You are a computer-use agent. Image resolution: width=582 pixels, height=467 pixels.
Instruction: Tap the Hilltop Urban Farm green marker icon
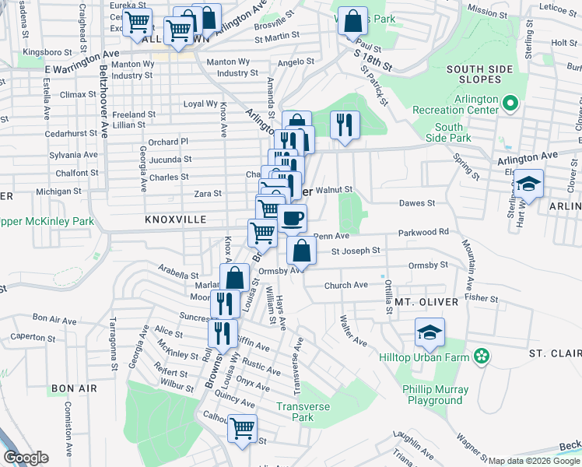[x=482, y=356]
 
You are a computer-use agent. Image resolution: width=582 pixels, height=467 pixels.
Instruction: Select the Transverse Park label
[x=303, y=412]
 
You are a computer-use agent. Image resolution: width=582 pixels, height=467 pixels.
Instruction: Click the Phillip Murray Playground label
[x=436, y=395]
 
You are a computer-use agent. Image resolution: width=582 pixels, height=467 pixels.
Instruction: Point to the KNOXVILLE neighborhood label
[x=176, y=220]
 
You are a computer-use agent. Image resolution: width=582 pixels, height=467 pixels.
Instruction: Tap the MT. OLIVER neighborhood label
[x=424, y=302]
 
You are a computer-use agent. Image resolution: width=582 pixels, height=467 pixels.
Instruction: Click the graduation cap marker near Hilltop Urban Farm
[x=429, y=332]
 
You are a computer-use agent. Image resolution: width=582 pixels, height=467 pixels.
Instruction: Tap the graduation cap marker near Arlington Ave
[x=528, y=184]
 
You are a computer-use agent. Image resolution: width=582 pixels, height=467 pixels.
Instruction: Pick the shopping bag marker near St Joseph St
[x=301, y=251]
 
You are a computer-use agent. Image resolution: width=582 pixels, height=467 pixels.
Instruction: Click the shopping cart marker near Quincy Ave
[x=242, y=427]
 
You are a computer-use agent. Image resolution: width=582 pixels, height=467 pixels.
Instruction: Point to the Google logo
[x=26, y=458]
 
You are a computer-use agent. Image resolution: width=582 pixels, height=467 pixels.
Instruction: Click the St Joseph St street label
[x=356, y=251]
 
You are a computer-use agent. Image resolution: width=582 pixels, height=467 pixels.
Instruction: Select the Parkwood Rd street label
[x=423, y=232]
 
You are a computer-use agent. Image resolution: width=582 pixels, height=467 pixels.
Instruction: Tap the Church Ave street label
[x=346, y=286]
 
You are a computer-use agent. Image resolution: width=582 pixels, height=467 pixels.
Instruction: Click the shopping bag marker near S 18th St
[x=352, y=21]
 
